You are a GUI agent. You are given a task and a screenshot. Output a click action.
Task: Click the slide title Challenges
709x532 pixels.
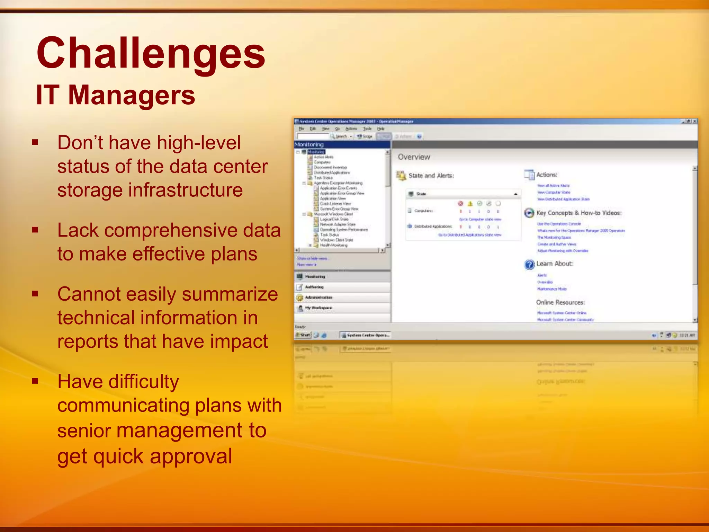pos(151,54)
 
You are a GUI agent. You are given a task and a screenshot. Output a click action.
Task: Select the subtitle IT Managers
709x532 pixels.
pos(115,95)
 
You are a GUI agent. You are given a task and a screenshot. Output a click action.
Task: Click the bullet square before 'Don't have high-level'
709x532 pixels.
pos(35,142)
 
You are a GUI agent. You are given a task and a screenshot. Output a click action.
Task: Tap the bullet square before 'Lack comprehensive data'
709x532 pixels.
pos(35,230)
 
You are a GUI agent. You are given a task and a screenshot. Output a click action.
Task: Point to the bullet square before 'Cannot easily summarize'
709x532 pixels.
pos(35,294)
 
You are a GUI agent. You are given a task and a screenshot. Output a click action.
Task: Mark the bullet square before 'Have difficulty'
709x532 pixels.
pos(35,381)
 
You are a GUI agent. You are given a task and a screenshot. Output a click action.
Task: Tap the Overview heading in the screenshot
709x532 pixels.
pos(414,157)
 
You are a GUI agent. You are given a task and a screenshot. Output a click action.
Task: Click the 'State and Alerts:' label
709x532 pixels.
pos(431,176)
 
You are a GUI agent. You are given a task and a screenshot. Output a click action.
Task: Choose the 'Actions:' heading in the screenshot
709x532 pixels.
pos(547,175)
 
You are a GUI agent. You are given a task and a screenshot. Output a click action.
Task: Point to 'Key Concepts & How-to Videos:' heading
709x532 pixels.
pos(579,213)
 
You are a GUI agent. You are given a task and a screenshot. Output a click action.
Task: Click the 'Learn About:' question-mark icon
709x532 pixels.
pos(529,265)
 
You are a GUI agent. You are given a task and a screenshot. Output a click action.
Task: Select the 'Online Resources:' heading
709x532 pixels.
pos(560,302)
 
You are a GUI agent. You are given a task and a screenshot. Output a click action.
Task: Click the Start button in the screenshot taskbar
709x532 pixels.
pos(303,335)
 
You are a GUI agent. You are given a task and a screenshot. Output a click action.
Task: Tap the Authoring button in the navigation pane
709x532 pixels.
pos(314,287)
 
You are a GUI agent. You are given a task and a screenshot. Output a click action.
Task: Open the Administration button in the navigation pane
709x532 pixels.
pos(318,298)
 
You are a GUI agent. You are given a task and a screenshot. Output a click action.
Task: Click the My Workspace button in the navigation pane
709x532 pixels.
pos(318,308)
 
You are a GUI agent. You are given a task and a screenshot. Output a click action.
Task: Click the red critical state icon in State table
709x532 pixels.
pos(460,203)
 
